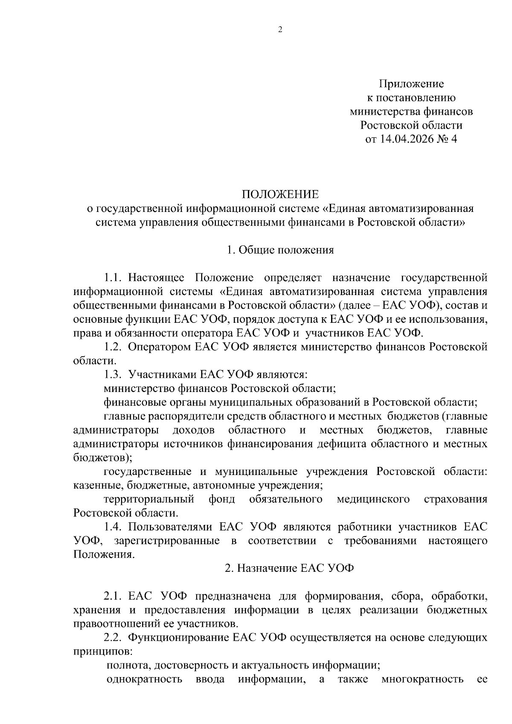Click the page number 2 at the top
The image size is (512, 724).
pyautogui.click(x=280, y=29)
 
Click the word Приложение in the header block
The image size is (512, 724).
pyautogui.click(x=411, y=84)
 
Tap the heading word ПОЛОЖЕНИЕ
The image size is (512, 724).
pyautogui.click(x=280, y=194)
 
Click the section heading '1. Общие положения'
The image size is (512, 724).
pyautogui.click(x=280, y=250)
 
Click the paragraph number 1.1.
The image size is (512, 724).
pyautogui.click(x=113, y=278)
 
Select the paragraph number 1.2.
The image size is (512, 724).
pyautogui.click(x=113, y=347)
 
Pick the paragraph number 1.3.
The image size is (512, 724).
pyautogui.click(x=113, y=375)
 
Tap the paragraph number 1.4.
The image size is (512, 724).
pyautogui.click(x=113, y=527)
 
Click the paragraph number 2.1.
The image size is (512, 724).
pyautogui.click(x=113, y=596)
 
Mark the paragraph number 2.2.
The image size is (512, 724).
pyautogui.click(x=113, y=637)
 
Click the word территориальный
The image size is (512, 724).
pyautogui.click(x=149, y=499)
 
